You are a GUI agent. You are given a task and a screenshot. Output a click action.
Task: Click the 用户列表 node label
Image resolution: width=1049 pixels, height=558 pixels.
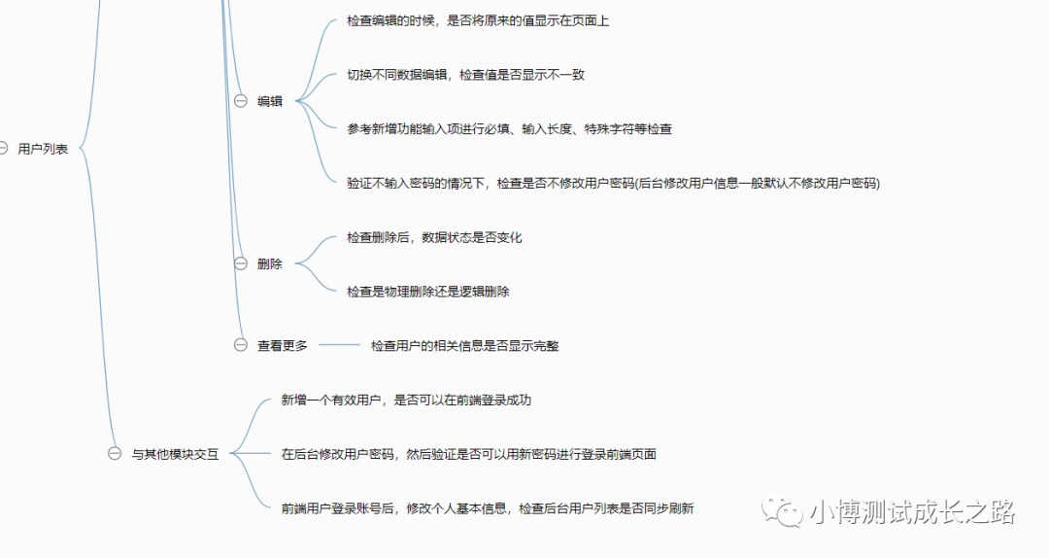(43, 149)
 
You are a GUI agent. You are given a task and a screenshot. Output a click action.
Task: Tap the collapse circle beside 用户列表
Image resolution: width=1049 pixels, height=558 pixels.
(3, 149)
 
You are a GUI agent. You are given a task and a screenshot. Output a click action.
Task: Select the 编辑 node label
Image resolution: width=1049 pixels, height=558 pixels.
(269, 101)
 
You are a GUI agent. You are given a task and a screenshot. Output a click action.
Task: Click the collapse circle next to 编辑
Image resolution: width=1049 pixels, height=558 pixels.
(241, 101)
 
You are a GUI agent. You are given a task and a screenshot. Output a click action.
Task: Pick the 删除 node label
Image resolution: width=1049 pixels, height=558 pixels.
(269, 263)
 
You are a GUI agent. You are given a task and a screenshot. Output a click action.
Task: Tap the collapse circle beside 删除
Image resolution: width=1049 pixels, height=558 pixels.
(241, 263)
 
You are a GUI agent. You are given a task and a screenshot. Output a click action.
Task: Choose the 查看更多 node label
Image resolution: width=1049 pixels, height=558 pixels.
(282, 345)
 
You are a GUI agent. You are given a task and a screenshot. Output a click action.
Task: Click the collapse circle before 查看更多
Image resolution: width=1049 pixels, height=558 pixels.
(241, 345)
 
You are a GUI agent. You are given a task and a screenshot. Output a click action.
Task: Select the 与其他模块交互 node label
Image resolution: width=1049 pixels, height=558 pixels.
(175, 454)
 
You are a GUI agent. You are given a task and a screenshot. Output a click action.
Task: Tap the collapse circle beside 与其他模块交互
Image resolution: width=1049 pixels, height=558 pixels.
(115, 454)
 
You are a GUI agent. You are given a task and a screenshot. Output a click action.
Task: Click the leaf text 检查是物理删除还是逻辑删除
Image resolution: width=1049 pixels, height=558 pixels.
(428, 291)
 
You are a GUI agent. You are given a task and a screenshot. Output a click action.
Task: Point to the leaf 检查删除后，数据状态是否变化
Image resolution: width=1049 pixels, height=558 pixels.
(434, 237)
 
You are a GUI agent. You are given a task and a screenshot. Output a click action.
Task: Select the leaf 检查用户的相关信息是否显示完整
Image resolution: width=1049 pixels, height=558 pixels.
(464, 345)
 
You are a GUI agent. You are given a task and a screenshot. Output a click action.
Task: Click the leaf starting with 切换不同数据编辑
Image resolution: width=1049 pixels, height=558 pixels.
(465, 75)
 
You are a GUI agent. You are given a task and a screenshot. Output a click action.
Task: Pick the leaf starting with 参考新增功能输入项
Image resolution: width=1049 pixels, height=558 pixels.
(509, 128)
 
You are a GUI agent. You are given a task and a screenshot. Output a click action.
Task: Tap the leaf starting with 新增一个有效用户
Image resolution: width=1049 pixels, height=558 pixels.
(406, 400)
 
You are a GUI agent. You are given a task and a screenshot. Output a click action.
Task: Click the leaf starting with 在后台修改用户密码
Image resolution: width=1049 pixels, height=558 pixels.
(469, 454)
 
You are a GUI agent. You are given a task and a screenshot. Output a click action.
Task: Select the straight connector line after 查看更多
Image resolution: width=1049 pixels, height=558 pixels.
(339, 345)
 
